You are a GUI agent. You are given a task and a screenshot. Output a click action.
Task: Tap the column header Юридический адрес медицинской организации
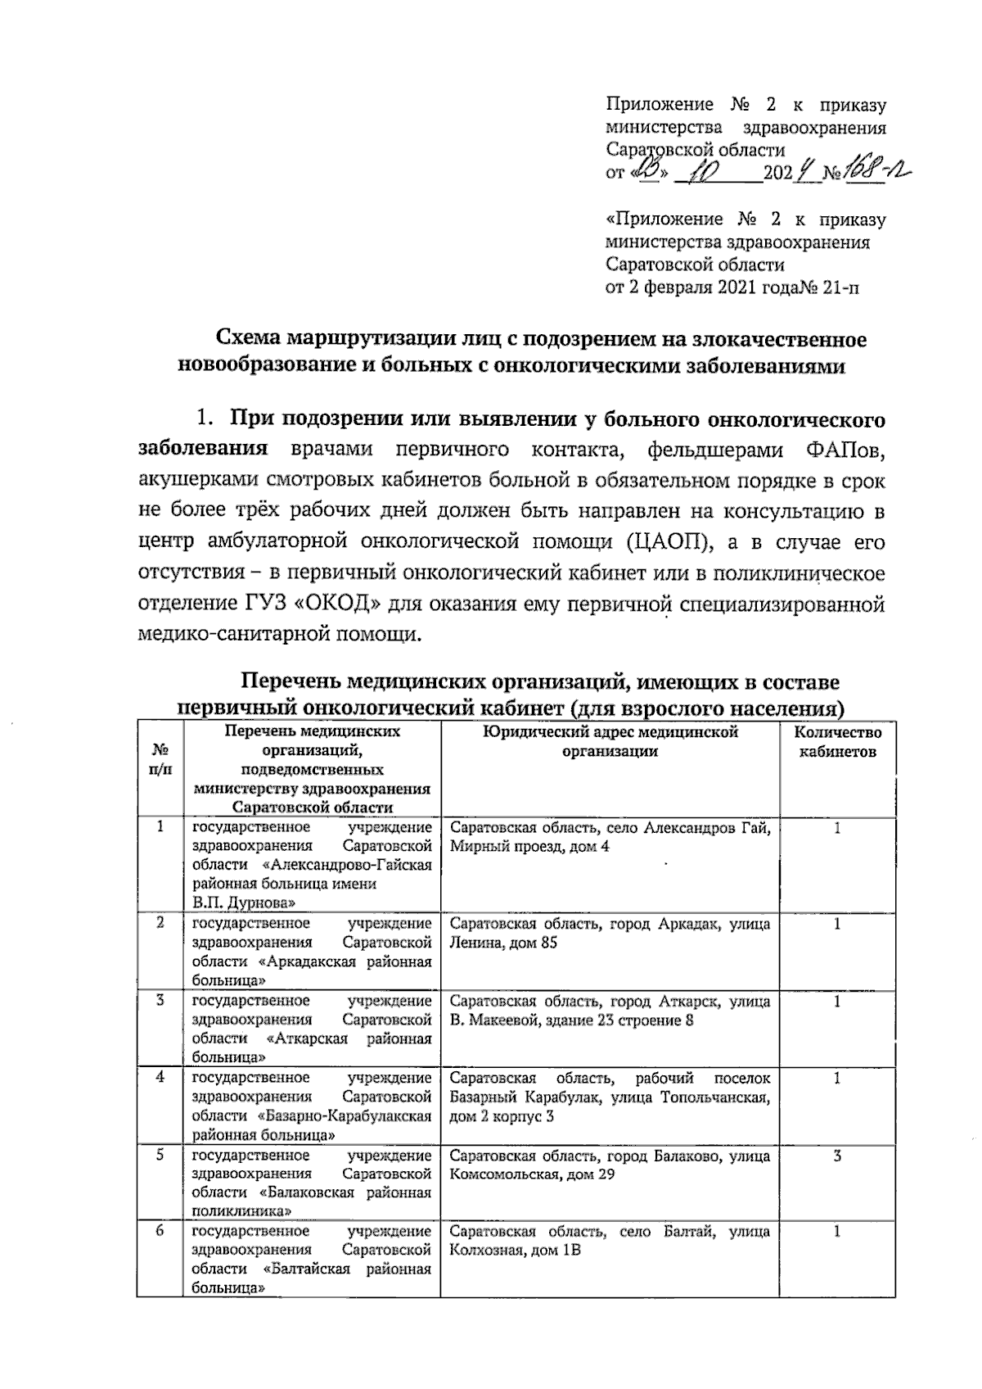610,741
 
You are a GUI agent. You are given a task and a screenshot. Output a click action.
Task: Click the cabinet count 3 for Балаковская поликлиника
836,1156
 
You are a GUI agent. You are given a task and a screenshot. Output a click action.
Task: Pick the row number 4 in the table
160,1078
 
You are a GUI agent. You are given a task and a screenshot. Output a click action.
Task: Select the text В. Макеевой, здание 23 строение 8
571,1020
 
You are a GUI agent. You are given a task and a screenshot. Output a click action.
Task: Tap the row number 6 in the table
160,1232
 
